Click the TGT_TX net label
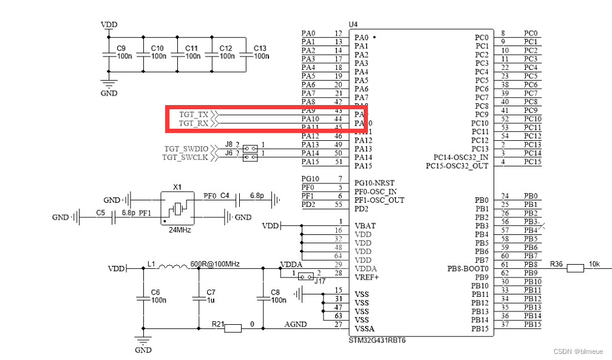pos(193,115)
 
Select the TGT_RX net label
pos(193,123)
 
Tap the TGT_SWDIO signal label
pos(186,148)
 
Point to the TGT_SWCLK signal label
pos(186,157)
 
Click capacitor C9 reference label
pos(120,48)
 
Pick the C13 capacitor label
pos(260,48)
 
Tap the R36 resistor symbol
pos(574,268)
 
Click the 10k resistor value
pos(594,264)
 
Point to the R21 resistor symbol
pos(233,328)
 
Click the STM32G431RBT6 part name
pos(377,340)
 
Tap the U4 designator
pos(353,24)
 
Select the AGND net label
pos(296,325)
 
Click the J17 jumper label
pos(319,280)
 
